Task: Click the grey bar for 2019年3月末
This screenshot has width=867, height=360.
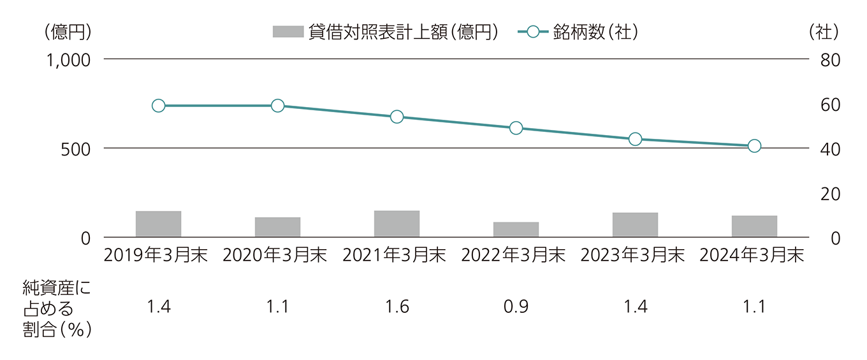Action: [x=158, y=224]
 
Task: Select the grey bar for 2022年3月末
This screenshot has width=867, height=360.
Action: [x=516, y=230]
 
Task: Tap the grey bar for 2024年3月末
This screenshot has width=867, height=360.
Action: [x=754, y=227]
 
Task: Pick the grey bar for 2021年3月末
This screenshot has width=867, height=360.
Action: [x=397, y=224]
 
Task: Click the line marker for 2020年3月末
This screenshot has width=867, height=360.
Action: [x=277, y=106]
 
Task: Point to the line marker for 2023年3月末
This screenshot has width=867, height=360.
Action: [x=635, y=139]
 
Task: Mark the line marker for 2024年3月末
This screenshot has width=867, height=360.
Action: [x=754, y=146]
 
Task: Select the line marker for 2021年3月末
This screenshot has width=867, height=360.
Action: [x=397, y=117]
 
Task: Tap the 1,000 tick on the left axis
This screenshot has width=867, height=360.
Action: [x=69, y=59]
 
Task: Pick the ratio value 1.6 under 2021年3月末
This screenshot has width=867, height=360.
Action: [x=397, y=307]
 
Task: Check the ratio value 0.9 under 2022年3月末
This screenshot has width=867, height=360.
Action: [x=516, y=307]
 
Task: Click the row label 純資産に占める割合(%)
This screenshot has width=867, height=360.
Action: [x=56, y=308]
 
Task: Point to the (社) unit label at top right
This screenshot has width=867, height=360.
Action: [x=823, y=31]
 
